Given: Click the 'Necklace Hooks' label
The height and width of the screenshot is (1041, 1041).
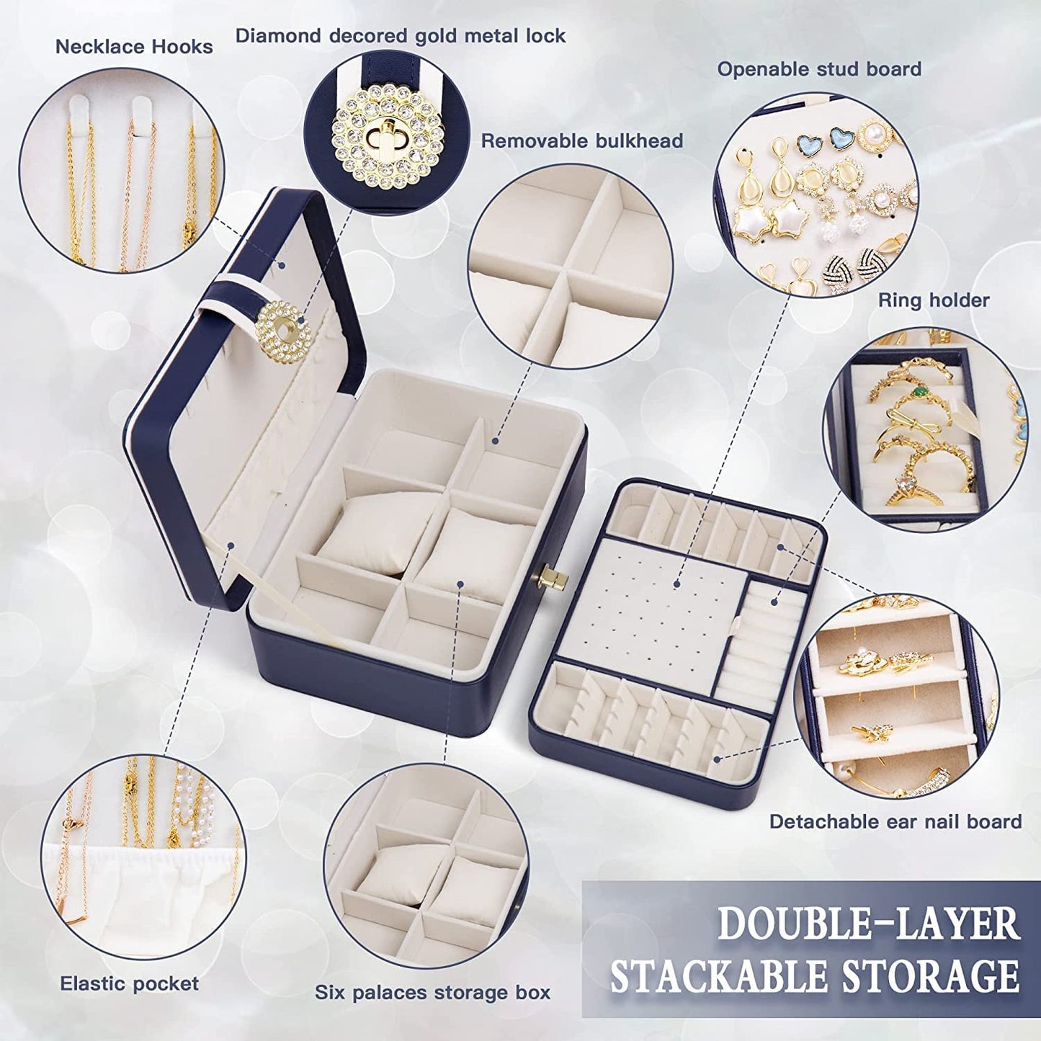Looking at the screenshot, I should (134, 47).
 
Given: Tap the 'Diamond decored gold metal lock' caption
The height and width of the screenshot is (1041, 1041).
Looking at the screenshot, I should (401, 35).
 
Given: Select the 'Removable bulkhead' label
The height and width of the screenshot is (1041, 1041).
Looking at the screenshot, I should (581, 140).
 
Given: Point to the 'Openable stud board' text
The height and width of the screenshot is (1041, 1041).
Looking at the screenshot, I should (819, 69).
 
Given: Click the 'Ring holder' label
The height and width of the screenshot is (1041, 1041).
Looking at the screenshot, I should (934, 300).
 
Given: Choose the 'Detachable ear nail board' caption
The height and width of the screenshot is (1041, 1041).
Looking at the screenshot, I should (895, 821).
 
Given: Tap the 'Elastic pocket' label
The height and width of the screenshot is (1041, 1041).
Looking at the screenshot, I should (129, 983).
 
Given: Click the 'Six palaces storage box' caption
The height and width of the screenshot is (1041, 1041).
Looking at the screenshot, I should (432, 992).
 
